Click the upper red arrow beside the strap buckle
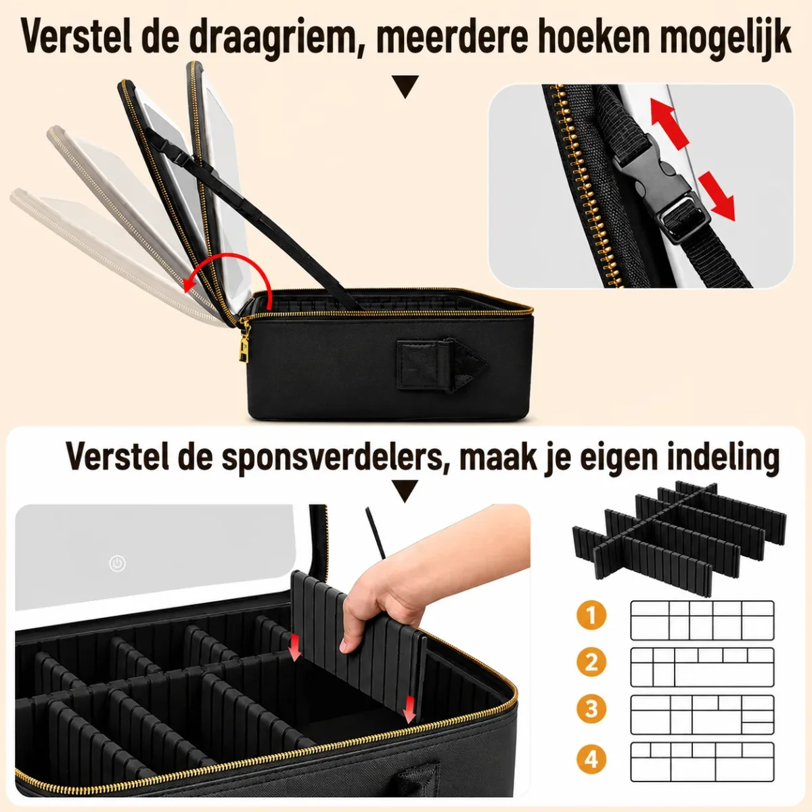click(670, 123)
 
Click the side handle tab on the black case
click(441, 365)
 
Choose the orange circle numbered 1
click(591, 616)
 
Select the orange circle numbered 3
click(591, 710)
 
